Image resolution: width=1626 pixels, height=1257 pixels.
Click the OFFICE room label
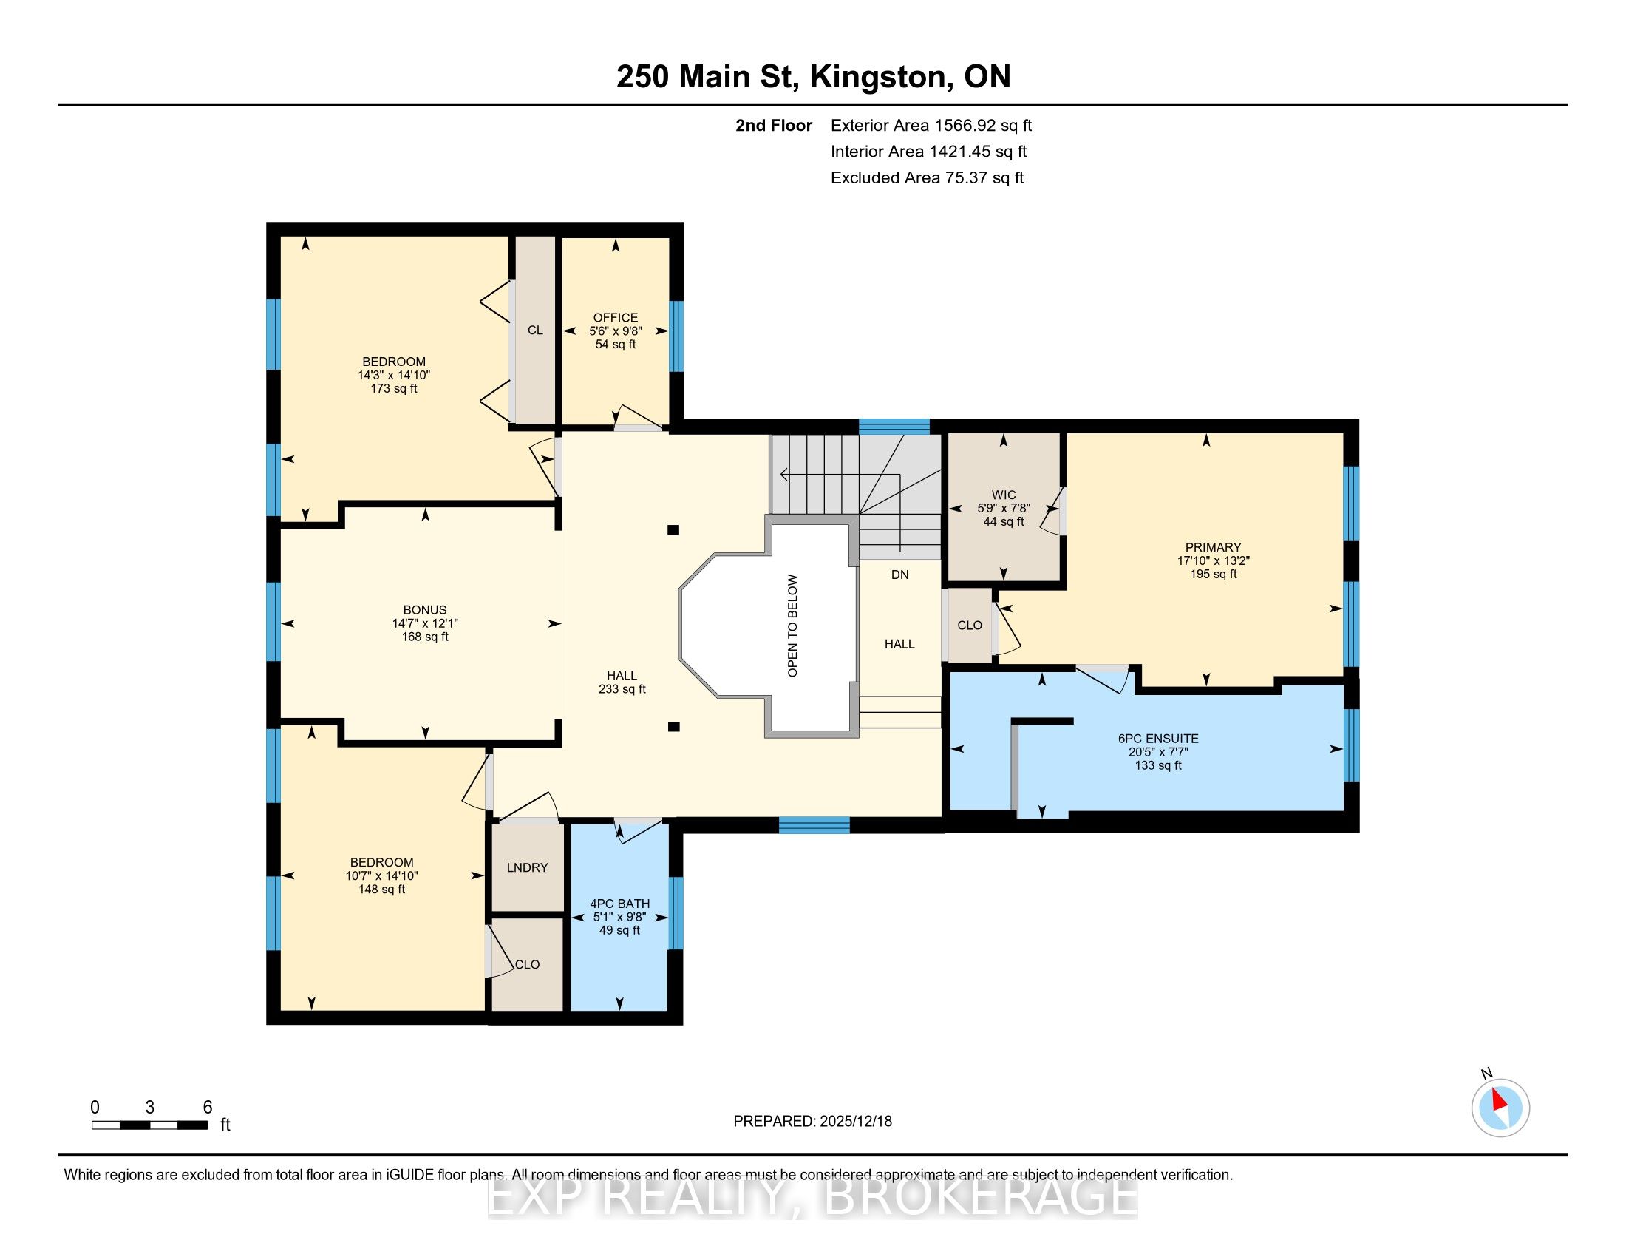[616, 317]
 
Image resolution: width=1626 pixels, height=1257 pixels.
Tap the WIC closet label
[1003, 495]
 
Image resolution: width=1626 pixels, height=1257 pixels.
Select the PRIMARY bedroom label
[1214, 547]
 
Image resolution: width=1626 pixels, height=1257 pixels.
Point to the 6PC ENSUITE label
[1158, 739]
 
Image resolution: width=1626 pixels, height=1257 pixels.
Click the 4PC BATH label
[619, 904]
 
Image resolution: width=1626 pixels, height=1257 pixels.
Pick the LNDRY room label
[527, 867]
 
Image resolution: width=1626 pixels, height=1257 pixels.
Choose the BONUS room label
[425, 610]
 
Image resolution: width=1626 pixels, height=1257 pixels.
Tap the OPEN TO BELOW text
[792, 626]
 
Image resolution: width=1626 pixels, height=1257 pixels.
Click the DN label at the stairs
[900, 575]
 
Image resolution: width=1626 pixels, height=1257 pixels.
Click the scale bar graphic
[149, 1125]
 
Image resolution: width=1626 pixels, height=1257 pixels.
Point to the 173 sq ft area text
[394, 389]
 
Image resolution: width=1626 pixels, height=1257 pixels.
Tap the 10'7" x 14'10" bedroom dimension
[382, 875]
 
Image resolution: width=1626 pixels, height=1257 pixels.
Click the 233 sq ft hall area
[622, 690]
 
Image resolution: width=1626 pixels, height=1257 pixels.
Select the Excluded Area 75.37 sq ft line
[928, 178]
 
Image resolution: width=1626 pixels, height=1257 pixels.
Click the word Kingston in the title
[881, 78]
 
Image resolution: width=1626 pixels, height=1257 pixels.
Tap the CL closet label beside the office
[535, 331]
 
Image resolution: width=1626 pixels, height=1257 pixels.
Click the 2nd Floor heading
[774, 126]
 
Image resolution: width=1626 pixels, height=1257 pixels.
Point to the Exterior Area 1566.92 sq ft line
[931, 126]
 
